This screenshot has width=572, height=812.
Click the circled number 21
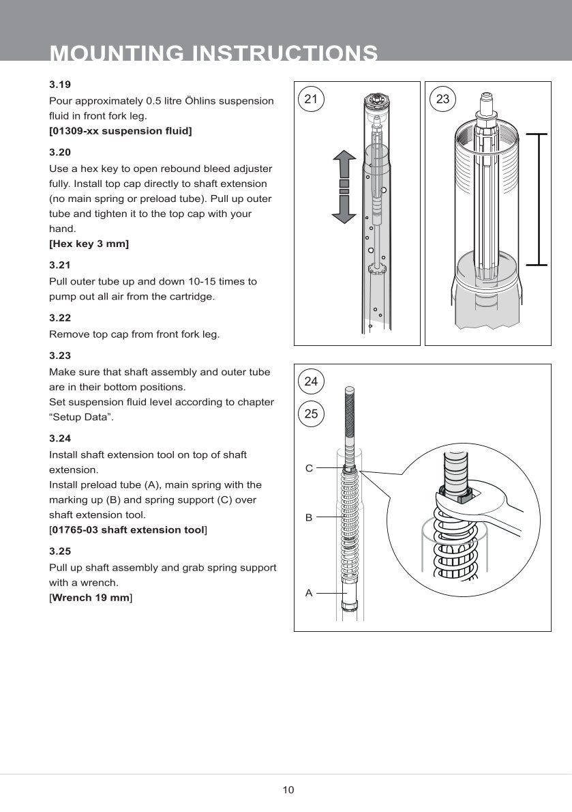pyautogui.click(x=311, y=100)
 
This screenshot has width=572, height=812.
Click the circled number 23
pyautogui.click(x=442, y=100)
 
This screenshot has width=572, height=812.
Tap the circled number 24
pyautogui.click(x=311, y=381)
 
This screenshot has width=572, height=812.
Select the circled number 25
pyautogui.click(x=311, y=414)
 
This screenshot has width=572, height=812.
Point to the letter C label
pyautogui.click(x=309, y=468)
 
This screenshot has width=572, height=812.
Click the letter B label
pyautogui.click(x=309, y=518)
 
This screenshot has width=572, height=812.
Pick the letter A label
pyautogui.click(x=309, y=593)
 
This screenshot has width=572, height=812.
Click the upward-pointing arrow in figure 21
pyautogui.click(x=344, y=165)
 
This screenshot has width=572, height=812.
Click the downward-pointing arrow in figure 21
pyautogui.click(x=344, y=209)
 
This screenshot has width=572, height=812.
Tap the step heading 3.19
pyautogui.click(x=60, y=85)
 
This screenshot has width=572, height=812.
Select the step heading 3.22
pyautogui.click(x=60, y=318)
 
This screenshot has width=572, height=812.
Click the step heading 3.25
pyautogui.click(x=60, y=551)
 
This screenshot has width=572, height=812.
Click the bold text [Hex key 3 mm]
pyautogui.click(x=89, y=244)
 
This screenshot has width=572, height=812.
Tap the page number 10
pyautogui.click(x=288, y=790)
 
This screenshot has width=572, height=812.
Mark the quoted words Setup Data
pyautogui.click(x=81, y=418)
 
